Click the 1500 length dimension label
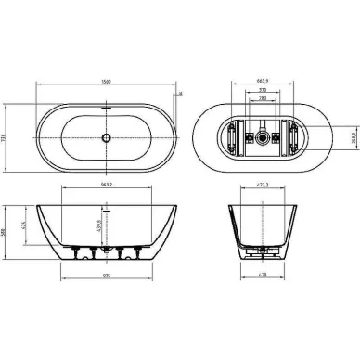pyautogui.click(x=109, y=81)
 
